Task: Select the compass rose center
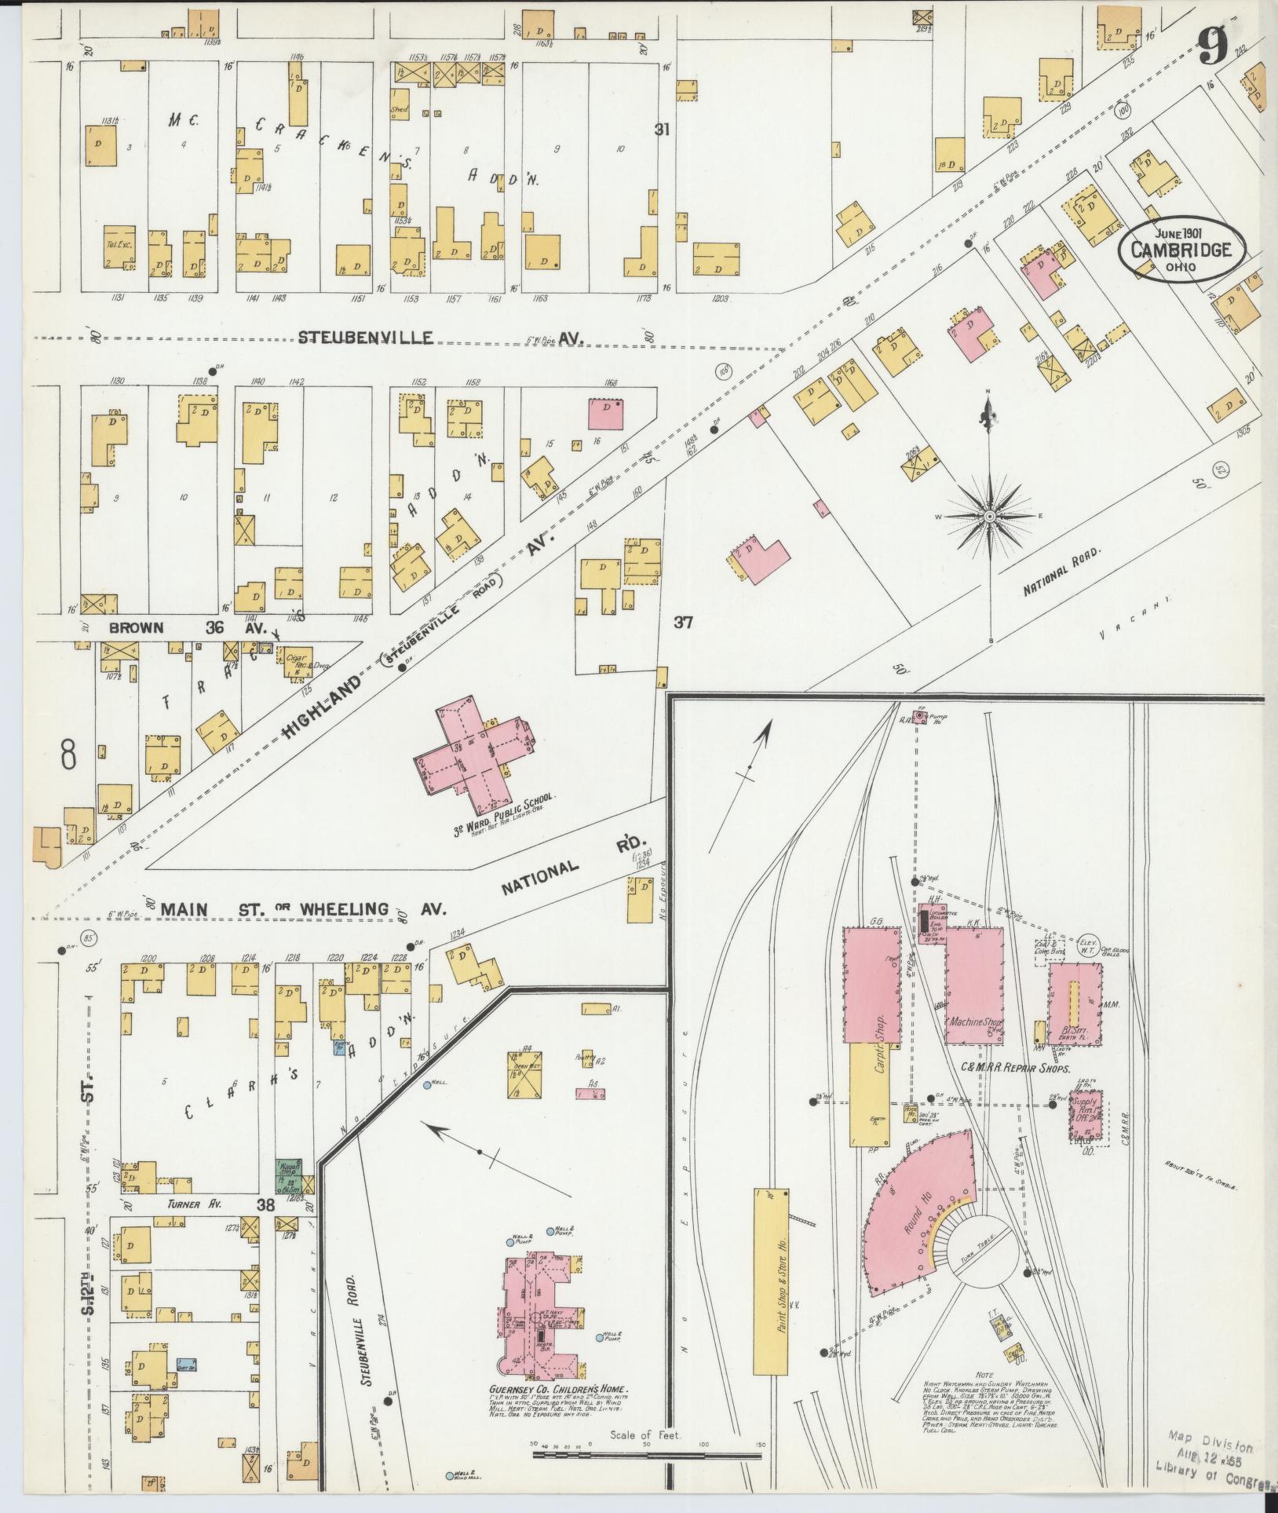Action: (x=990, y=517)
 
